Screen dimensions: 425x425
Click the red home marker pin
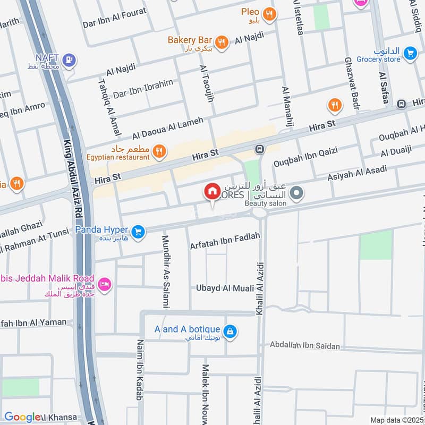pyautogui.click(x=212, y=191)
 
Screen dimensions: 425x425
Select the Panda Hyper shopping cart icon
pyautogui.click(x=138, y=232)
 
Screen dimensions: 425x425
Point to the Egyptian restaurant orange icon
pyautogui.click(x=158, y=153)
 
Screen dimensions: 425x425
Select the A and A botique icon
pyautogui.click(x=229, y=331)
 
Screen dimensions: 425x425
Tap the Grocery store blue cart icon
pyautogui.click(x=409, y=53)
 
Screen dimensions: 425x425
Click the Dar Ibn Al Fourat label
pyautogui.click(x=114, y=24)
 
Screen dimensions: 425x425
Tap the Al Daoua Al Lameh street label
pyautogui.click(x=168, y=128)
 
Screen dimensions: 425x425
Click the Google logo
pyautogui.click(x=22, y=417)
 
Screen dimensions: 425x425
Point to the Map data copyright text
pyautogui.click(x=396, y=420)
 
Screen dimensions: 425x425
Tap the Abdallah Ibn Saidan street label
pyautogui.click(x=304, y=346)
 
